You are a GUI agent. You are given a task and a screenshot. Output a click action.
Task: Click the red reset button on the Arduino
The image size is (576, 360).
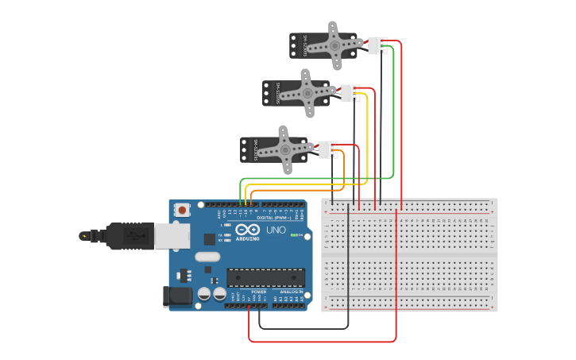[x=183, y=211]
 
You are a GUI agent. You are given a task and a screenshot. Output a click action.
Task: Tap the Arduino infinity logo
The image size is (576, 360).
[x=247, y=230]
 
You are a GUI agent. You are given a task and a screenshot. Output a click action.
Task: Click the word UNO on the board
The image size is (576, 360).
[x=276, y=230]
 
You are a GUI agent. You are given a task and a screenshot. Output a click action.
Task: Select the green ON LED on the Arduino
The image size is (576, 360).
[x=294, y=235]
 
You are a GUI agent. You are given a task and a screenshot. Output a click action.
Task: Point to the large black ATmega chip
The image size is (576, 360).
[x=265, y=277]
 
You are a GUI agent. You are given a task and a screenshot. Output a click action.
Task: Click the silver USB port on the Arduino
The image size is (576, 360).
[x=171, y=235]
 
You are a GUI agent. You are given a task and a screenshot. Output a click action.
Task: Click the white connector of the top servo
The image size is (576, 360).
[x=377, y=46]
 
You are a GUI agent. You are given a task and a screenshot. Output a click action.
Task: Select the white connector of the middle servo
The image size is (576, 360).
[x=350, y=93]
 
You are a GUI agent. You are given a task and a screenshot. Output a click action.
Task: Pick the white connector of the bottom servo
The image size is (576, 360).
[x=327, y=149]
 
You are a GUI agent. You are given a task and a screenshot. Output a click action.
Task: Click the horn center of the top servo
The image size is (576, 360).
[x=334, y=45]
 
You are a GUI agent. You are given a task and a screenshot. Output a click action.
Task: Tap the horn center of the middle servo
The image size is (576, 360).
[x=307, y=93]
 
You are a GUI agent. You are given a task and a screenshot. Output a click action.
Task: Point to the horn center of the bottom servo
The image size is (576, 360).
[x=285, y=149]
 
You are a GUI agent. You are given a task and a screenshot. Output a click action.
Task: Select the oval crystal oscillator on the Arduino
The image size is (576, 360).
[x=207, y=257]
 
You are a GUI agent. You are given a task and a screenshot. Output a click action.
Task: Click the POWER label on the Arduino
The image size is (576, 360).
[x=259, y=292]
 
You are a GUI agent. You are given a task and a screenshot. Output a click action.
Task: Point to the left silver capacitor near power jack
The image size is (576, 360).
[x=204, y=293]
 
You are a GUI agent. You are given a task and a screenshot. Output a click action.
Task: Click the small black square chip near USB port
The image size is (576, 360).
[x=209, y=238]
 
